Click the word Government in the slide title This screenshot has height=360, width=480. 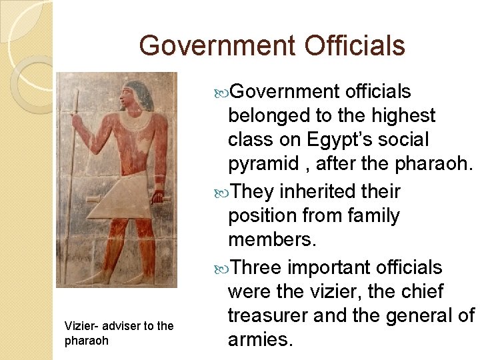(x=216, y=45)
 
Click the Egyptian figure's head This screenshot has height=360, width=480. (x=137, y=96)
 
